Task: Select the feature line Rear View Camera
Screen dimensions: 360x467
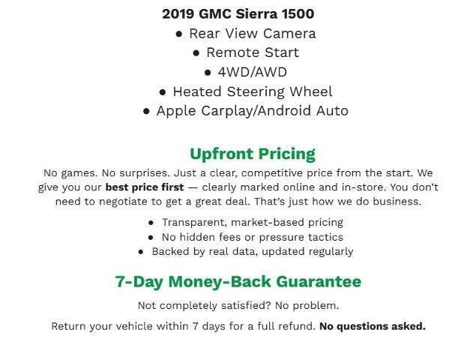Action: pos(252,33)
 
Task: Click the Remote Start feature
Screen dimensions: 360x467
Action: pos(252,52)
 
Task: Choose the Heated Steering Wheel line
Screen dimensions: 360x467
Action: pos(252,91)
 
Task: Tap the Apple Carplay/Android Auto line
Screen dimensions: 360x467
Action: pos(252,111)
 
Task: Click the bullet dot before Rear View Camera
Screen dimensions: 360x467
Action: pos(179,34)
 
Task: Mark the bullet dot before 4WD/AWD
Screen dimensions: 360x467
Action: pos(208,73)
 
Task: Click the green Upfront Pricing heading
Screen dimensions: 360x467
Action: pos(252,154)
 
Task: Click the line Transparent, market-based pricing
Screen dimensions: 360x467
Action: pos(252,222)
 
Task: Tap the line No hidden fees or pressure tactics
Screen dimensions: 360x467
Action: pos(252,237)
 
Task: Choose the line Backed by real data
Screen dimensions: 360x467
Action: pos(252,251)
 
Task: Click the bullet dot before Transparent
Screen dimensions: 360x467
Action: pos(152,223)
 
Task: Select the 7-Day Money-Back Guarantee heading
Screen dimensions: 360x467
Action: pos(238,282)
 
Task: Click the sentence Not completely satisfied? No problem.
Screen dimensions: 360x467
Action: pos(238,305)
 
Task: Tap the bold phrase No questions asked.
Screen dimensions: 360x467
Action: pos(372,326)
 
